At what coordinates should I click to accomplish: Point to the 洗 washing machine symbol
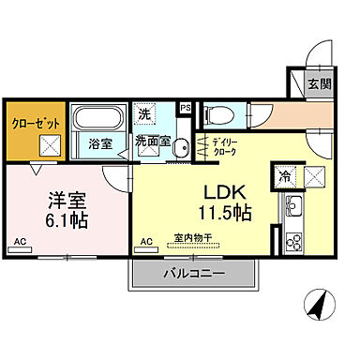pos(144,113)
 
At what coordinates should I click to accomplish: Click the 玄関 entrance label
pos(319,83)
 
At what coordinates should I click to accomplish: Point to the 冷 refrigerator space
pos(281,175)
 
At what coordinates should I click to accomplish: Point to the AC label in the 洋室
pos(18,242)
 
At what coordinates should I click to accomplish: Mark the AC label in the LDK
pos(147,242)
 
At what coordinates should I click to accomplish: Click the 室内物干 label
pos(193,238)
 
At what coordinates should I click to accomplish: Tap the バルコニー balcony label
pos(197,274)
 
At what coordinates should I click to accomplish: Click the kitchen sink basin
pos(292,207)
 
